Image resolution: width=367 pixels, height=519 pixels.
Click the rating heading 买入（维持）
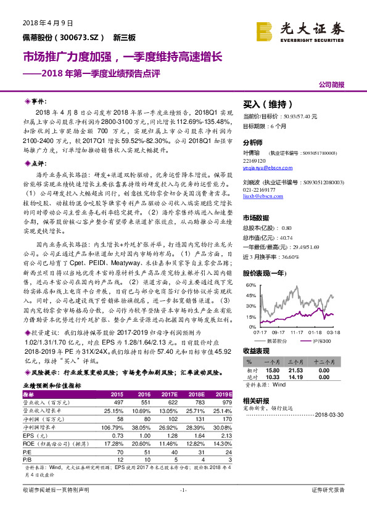tap(265, 105)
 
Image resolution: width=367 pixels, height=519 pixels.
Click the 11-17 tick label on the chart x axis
tap(296, 332)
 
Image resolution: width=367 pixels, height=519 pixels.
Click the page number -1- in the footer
tap(183, 490)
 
